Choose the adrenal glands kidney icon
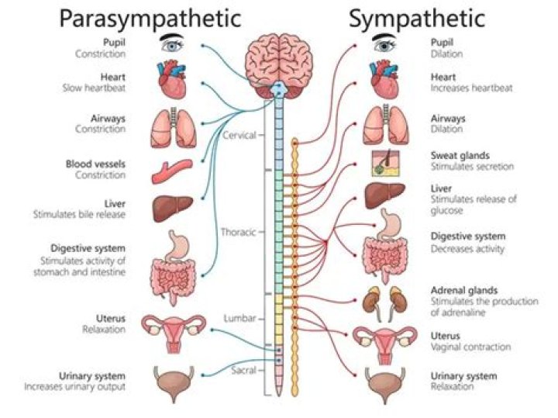pos(385,299)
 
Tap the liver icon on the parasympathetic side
pos(172,206)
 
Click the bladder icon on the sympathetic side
pos(385,383)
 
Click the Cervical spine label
pos(239,135)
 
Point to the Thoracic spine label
pos(239,232)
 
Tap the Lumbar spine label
pos(239,319)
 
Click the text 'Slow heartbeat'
pos(95,88)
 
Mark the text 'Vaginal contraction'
pos(470,346)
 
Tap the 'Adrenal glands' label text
pos(464,290)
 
